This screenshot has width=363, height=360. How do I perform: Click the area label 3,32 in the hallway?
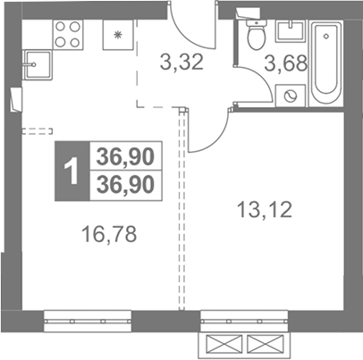181,63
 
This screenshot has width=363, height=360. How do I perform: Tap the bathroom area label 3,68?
286,63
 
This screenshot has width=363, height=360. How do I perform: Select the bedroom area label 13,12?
264,209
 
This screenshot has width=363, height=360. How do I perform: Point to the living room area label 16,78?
110,234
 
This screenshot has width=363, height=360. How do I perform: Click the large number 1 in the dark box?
72,171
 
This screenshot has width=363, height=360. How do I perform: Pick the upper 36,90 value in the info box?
125,156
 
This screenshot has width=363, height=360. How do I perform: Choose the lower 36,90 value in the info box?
125,184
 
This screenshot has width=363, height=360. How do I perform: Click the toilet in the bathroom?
257,35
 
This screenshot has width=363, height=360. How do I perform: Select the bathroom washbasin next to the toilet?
291,30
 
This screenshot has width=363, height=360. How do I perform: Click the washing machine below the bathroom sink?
291,96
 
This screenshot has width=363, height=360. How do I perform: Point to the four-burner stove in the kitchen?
68,35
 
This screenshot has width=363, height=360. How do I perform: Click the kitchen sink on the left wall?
38,64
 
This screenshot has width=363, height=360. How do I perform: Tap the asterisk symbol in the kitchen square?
118,35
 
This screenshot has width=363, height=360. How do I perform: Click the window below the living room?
88,321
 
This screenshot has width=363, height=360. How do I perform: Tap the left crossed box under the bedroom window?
224,345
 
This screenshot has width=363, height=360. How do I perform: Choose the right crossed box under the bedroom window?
266,345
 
